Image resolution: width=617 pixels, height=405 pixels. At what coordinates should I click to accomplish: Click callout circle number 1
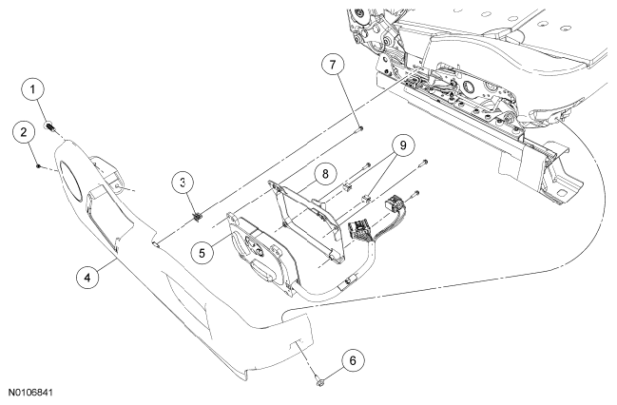pyautogui.click(x=32, y=89)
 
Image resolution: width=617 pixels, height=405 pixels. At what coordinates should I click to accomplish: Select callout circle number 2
pyautogui.click(x=24, y=132)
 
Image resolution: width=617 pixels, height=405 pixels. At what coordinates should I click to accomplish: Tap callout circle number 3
pyautogui.click(x=183, y=183)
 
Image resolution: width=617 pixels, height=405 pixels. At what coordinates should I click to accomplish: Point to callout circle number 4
pyautogui.click(x=87, y=278)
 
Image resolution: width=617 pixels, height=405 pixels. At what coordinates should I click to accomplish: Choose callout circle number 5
pyautogui.click(x=202, y=253)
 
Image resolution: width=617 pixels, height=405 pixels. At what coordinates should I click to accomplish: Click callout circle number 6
pyautogui.click(x=353, y=360)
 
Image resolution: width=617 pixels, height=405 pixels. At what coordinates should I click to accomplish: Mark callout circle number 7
pyautogui.click(x=333, y=65)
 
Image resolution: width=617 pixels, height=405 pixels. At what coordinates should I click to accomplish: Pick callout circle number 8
pyautogui.click(x=325, y=174)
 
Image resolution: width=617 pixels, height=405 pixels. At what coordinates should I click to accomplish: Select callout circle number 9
pyautogui.click(x=403, y=146)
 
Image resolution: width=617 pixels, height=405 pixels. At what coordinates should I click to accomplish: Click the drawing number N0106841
pyautogui.click(x=30, y=393)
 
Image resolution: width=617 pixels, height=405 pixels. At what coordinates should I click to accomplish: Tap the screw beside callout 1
pyautogui.click(x=50, y=127)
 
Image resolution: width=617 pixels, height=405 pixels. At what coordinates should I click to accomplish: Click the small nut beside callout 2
pyautogui.click(x=38, y=166)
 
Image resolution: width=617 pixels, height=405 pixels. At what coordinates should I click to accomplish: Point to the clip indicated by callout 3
pyautogui.click(x=197, y=217)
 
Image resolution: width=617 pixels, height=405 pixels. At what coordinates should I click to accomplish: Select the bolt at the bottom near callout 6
pyautogui.click(x=319, y=380)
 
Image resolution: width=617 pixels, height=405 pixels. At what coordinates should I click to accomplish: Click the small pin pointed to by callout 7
pyautogui.click(x=360, y=128)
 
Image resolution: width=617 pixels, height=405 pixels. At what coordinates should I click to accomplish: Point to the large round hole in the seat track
pyautogui.click(x=469, y=87)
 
